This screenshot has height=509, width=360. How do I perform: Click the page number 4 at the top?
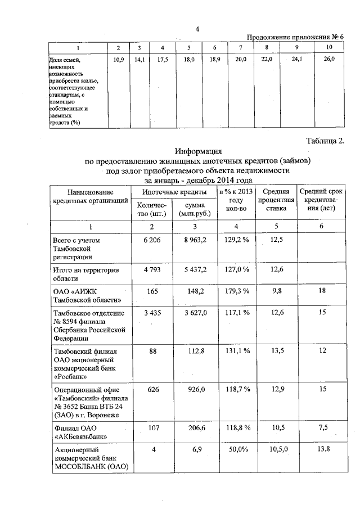(197, 29)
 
